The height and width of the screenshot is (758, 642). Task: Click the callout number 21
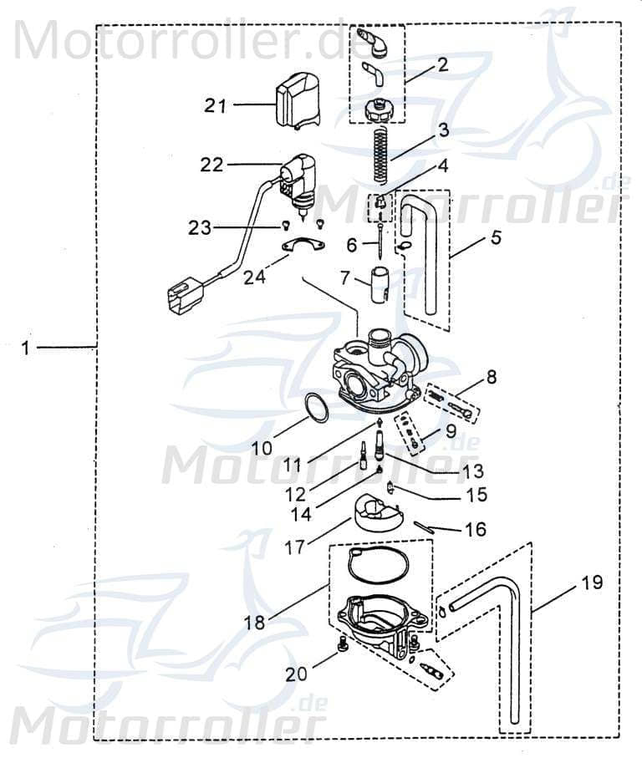[216, 104]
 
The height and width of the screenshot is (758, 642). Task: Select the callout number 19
[592, 582]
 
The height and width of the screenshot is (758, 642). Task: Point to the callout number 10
[262, 448]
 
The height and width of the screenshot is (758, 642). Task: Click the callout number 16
[475, 530]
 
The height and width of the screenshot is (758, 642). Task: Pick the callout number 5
[496, 237]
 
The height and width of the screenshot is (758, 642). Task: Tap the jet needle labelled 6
[380, 238]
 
